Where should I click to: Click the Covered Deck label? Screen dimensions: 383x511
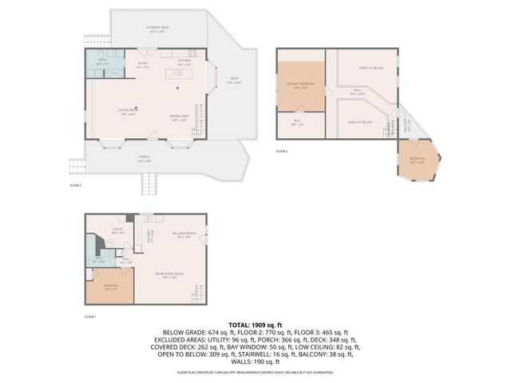pyautogui.click(x=157, y=29)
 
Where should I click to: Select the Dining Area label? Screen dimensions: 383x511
pyautogui.click(x=179, y=118)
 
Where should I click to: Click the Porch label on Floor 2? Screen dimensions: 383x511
pyautogui.click(x=145, y=158)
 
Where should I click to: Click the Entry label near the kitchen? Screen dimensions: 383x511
pyautogui.click(x=143, y=64)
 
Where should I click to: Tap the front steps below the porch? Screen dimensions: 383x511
pyautogui.click(x=149, y=184)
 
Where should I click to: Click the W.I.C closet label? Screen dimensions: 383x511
pyautogui.click(x=296, y=123)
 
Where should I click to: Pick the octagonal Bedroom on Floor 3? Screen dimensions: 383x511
pyautogui.click(x=418, y=160)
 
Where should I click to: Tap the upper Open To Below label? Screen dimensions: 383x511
pyautogui.click(x=368, y=69)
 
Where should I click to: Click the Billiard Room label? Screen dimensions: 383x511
pyautogui.click(x=183, y=235)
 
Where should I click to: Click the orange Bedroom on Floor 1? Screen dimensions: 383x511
pyautogui.click(x=110, y=288)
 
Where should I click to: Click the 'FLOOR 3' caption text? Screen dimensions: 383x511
pyautogui.click(x=282, y=151)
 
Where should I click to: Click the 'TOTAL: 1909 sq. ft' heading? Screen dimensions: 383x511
pyautogui.click(x=255, y=326)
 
